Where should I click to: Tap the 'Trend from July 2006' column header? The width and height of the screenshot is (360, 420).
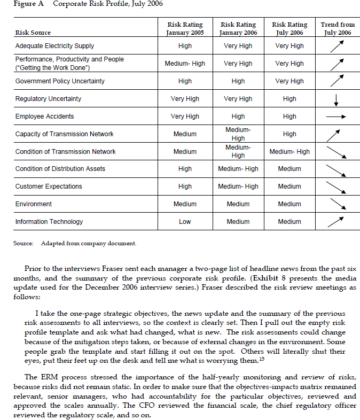337,28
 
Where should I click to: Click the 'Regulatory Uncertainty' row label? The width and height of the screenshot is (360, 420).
49,99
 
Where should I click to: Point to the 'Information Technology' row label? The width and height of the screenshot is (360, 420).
49,222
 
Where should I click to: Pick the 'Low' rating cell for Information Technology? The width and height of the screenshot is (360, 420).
185,222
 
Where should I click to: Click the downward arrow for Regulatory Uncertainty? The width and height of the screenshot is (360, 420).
336,99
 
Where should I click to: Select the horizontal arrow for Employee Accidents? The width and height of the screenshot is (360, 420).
336,116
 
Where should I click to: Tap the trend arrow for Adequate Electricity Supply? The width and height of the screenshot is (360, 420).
337,46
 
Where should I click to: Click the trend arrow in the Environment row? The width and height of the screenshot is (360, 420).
337,204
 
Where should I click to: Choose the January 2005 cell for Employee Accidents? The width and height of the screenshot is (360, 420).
185,116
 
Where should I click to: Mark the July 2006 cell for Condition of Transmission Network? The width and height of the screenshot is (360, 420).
289,152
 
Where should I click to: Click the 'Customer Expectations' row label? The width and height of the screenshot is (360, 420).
49,186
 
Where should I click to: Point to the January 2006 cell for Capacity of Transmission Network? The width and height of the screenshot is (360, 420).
238,134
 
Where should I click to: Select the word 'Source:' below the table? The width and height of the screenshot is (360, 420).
24,244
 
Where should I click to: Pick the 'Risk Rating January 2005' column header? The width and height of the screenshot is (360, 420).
185,28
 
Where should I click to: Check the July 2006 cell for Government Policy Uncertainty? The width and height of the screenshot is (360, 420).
289,81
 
